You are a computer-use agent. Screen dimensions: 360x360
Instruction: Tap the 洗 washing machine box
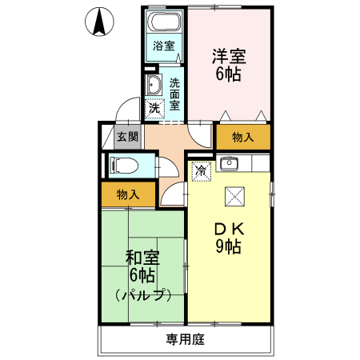154,106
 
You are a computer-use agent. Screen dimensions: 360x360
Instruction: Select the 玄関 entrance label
127,137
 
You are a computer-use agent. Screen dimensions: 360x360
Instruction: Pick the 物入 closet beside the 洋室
242,138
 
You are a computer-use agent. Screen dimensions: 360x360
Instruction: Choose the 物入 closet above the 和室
128,194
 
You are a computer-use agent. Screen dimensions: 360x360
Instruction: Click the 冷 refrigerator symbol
202,170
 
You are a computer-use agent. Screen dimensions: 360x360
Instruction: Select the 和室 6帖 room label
142,268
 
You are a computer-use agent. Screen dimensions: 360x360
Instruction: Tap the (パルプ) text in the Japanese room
142,294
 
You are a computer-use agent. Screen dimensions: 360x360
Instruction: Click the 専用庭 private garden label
185,339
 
